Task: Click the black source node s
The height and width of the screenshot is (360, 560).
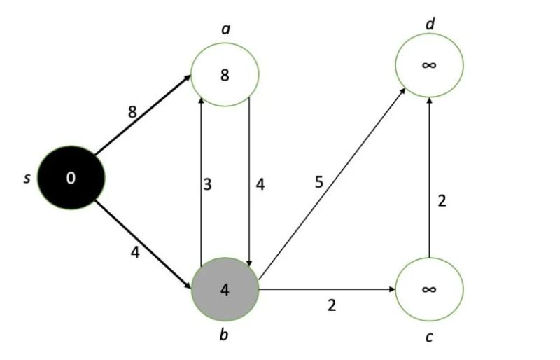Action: (x=70, y=178)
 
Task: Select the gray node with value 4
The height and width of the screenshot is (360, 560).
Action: (x=225, y=290)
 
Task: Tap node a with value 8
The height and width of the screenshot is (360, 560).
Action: (x=225, y=75)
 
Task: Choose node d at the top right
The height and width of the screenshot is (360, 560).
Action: (x=429, y=65)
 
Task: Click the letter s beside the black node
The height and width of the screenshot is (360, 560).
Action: (x=27, y=178)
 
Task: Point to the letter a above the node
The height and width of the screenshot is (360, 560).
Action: (x=225, y=29)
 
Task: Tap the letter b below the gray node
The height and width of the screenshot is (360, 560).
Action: (x=224, y=335)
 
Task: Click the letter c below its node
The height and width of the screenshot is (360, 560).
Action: (x=429, y=338)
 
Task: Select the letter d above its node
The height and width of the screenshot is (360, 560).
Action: (x=430, y=25)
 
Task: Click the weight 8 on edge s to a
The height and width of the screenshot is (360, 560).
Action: (x=132, y=111)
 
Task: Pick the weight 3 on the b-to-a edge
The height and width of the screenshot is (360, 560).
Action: (x=207, y=186)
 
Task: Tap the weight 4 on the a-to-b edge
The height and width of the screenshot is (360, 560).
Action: (x=260, y=186)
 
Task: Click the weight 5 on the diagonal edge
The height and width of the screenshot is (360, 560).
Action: (x=318, y=184)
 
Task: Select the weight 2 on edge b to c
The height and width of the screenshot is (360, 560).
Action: (x=332, y=305)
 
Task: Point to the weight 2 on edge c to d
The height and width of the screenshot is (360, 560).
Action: (x=442, y=201)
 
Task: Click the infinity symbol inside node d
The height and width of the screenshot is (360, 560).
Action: (x=429, y=65)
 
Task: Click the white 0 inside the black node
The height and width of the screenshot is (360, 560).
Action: (x=70, y=178)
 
